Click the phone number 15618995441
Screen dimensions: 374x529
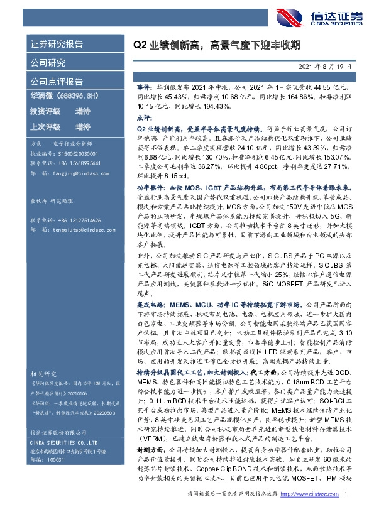[x=79, y=161]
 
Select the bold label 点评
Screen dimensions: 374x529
[x=144, y=117]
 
